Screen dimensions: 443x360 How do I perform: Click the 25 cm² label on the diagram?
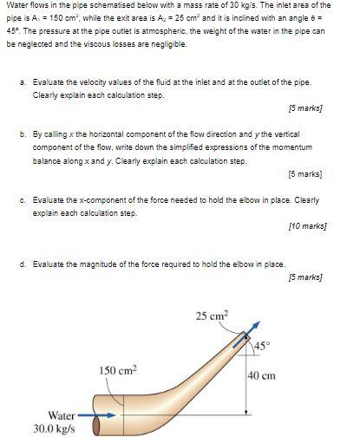(x=213, y=316)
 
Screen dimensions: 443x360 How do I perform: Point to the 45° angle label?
(x=264, y=347)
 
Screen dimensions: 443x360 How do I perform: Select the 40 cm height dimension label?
(x=261, y=375)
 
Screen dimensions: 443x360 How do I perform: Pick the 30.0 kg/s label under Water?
(x=54, y=428)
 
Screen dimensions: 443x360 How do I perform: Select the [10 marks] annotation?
(x=306, y=225)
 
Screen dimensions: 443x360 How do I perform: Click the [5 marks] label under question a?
(x=304, y=109)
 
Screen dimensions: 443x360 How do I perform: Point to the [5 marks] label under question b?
(x=304, y=174)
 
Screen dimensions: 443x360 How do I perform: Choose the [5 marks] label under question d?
(x=304, y=277)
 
